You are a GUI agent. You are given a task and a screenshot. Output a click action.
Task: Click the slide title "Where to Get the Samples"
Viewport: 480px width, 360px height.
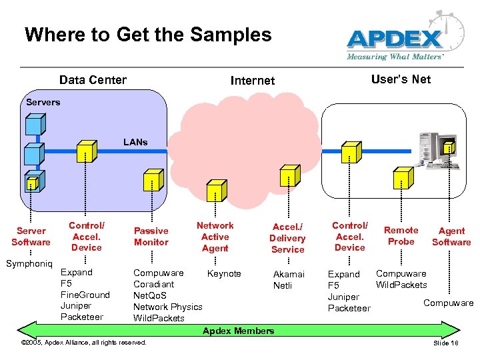point(148,35)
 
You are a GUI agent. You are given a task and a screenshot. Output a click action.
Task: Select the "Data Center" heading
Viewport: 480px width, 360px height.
point(93,80)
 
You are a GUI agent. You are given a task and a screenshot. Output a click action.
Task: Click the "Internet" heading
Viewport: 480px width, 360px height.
point(252,81)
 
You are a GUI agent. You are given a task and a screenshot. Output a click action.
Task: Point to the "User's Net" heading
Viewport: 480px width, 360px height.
point(401,79)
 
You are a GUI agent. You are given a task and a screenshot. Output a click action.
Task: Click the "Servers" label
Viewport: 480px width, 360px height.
point(43,102)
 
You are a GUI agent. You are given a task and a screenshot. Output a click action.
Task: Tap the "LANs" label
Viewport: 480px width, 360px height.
point(135,142)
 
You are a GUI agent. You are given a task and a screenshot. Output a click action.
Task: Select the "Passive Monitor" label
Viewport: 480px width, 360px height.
point(151,237)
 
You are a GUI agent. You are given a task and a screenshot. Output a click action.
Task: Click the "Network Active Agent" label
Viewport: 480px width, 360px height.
point(215,237)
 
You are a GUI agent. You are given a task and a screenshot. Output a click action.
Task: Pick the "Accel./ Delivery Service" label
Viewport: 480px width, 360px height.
point(287,238)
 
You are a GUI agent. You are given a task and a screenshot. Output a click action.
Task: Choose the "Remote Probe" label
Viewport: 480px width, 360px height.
point(401,235)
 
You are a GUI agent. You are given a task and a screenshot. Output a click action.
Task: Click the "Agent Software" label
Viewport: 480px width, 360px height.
point(451,237)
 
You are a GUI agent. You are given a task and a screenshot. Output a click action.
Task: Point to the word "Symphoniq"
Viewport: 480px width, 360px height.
point(29,264)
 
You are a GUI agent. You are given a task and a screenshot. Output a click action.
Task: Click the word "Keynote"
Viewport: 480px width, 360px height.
point(224,273)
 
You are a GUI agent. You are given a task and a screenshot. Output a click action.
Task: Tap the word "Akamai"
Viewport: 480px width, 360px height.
point(289,274)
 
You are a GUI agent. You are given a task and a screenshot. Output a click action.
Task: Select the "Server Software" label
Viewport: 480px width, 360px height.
point(31,237)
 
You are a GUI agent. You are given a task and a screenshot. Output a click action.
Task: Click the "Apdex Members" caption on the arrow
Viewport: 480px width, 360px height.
point(238,331)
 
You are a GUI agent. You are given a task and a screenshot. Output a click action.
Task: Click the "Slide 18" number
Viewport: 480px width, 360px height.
point(446,343)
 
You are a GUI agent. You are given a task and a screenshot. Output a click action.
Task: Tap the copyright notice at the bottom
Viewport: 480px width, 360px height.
point(84,343)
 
